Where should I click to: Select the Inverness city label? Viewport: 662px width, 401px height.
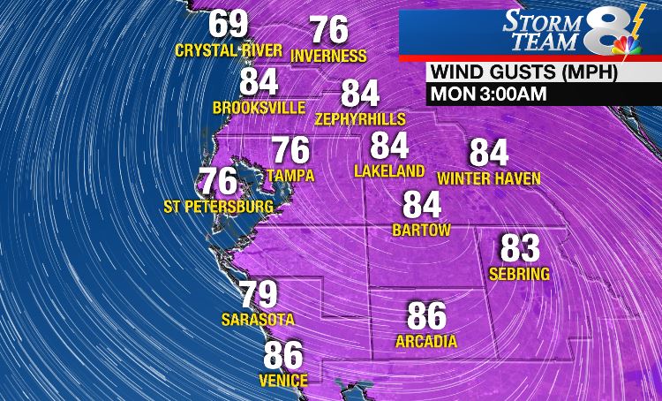[328, 57]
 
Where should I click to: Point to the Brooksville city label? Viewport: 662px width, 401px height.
[260, 108]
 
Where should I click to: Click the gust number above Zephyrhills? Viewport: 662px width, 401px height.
[360, 94]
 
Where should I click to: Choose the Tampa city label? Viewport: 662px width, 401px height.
[290, 175]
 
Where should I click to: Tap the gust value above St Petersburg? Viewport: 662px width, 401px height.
[218, 181]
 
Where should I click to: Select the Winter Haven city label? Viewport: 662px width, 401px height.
[489, 178]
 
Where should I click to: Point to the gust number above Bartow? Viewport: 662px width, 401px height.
[422, 205]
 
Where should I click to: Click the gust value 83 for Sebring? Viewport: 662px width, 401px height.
[521, 248]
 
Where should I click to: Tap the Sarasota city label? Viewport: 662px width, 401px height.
[259, 320]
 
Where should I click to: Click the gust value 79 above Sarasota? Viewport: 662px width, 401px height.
[259, 294]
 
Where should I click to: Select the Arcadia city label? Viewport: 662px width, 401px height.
[426, 342]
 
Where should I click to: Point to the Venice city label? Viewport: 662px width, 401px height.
[283, 381]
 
